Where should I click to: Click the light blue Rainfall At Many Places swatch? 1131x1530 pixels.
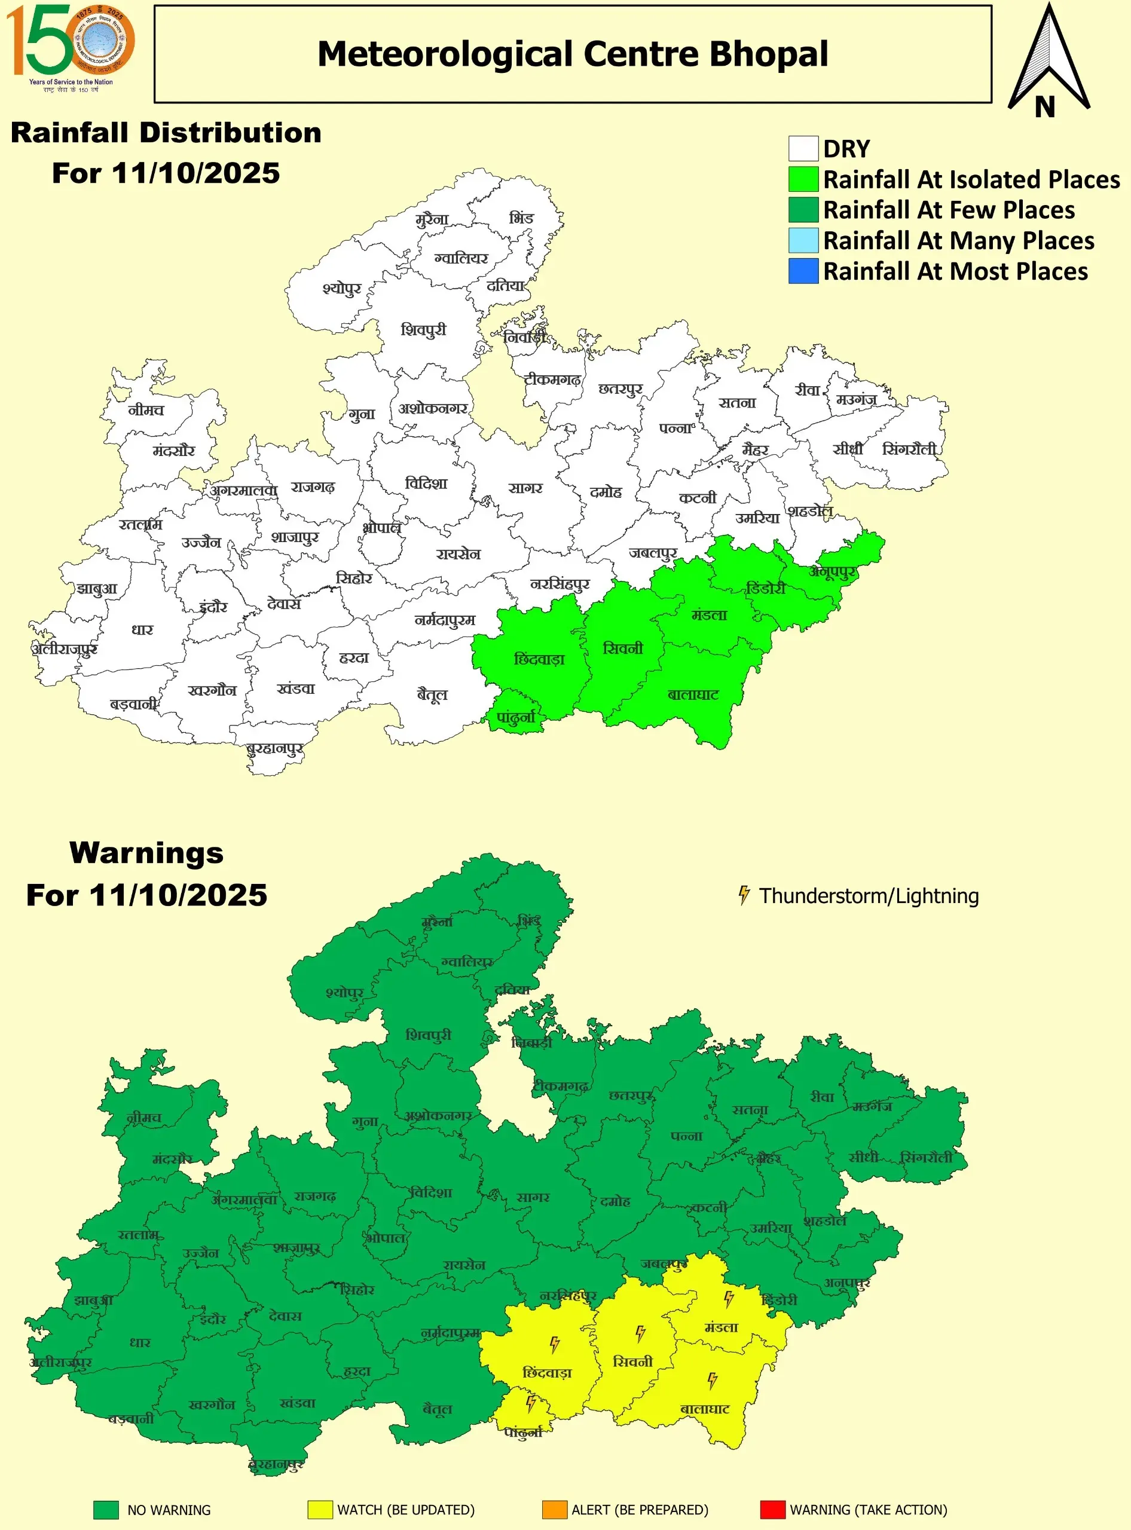[x=803, y=240]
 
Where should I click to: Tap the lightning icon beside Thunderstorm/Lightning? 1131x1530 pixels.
[x=744, y=895]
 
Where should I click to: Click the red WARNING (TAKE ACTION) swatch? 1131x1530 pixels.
[x=772, y=1510]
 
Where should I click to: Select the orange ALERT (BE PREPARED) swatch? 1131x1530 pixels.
[x=554, y=1510]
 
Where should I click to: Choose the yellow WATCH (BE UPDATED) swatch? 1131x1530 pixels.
[x=320, y=1510]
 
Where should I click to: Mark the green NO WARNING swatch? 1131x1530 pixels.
[x=106, y=1510]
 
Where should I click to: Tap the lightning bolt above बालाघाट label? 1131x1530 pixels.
[x=712, y=1380]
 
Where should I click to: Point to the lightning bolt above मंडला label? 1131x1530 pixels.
[x=729, y=1298]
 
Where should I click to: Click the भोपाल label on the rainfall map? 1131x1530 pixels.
[x=381, y=528]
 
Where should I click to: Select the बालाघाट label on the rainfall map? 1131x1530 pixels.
[x=693, y=695]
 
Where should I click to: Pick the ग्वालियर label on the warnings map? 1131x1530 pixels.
[x=467, y=962]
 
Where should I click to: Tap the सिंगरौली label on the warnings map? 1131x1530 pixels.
[x=927, y=1158]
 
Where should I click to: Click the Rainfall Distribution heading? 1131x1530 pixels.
[x=166, y=133]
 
